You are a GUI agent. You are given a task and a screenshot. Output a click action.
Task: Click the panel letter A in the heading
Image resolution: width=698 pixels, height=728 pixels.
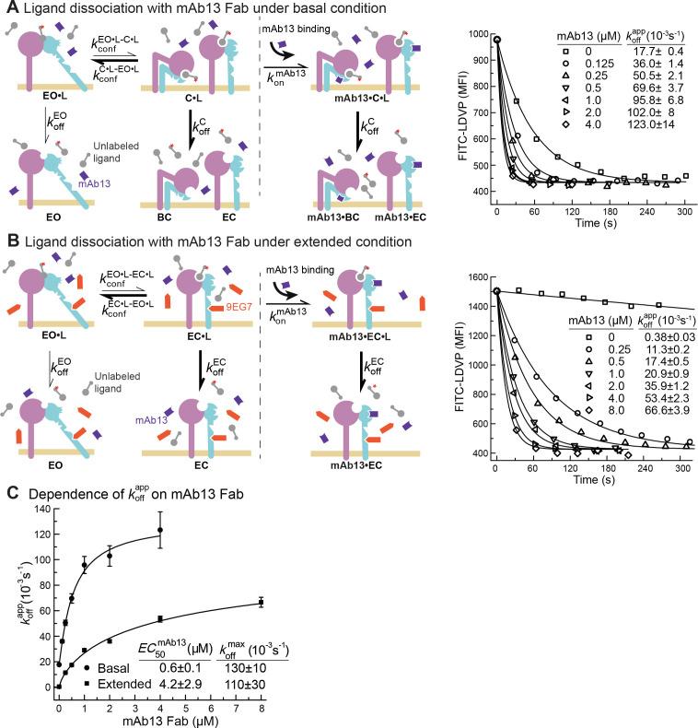8,9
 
